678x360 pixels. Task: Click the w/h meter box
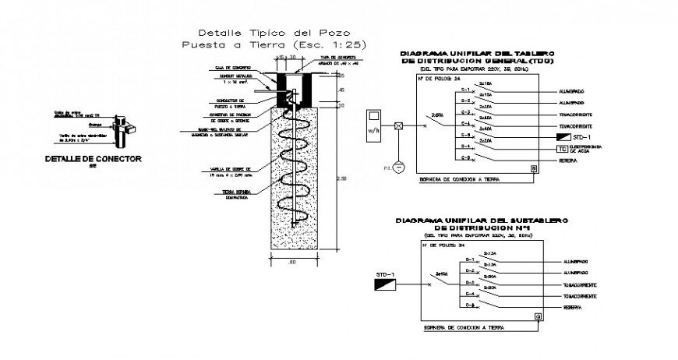click(373, 125)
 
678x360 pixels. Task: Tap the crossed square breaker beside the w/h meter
click(398, 125)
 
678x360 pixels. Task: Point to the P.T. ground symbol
click(398, 166)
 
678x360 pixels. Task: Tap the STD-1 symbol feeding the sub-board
click(385, 287)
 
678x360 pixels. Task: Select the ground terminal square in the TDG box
click(534, 168)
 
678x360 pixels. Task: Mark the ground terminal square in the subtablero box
click(538, 316)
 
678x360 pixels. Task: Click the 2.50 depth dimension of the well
click(341, 178)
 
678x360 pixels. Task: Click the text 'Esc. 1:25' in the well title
click(332, 45)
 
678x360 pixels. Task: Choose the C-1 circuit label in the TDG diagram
click(465, 90)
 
